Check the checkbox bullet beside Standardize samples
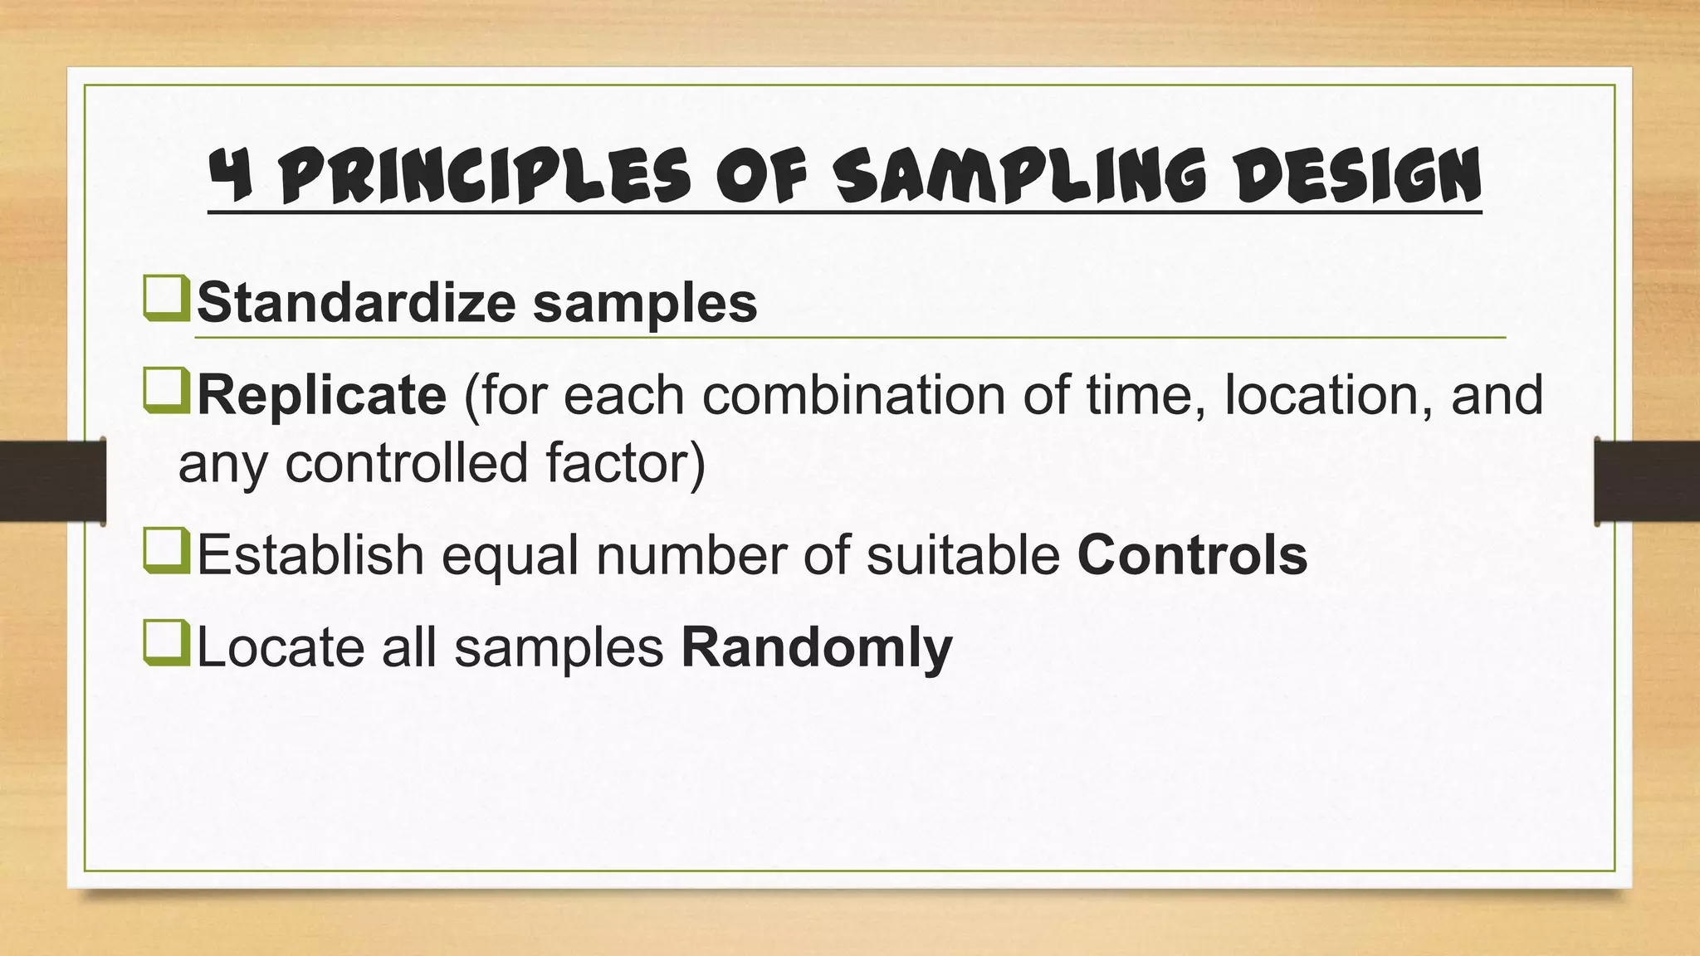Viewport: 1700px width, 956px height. tap(166, 300)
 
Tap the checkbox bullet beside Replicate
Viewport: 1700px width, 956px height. tap(166, 392)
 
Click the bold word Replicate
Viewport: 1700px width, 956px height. tap(321, 395)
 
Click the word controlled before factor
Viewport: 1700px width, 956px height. tap(407, 463)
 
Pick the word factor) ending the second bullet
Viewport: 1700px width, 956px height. tap(625, 463)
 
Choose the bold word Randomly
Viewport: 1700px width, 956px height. tap(817, 648)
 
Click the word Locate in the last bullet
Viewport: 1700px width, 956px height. tap(281, 647)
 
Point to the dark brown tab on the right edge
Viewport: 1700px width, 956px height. tap(1647, 480)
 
